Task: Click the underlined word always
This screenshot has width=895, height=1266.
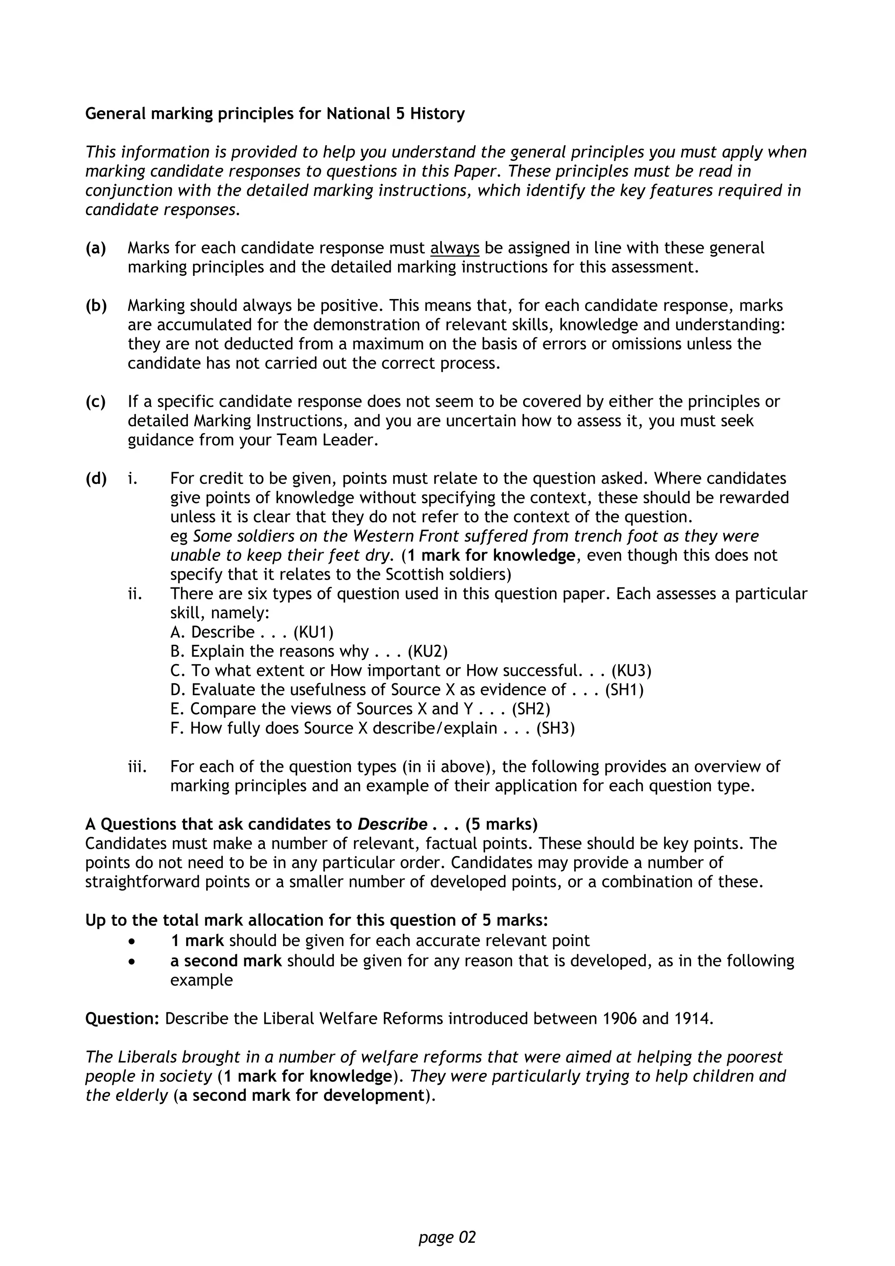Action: pos(454,248)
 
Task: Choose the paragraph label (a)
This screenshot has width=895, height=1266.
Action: pos(96,248)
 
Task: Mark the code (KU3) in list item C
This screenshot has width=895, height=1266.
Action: pos(631,671)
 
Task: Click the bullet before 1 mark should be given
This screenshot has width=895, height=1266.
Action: pos(131,941)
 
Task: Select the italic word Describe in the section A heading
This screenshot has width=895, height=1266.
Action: pos(392,824)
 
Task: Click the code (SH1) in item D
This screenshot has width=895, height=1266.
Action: pos(624,690)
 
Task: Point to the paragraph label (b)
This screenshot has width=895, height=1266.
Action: pos(96,306)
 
